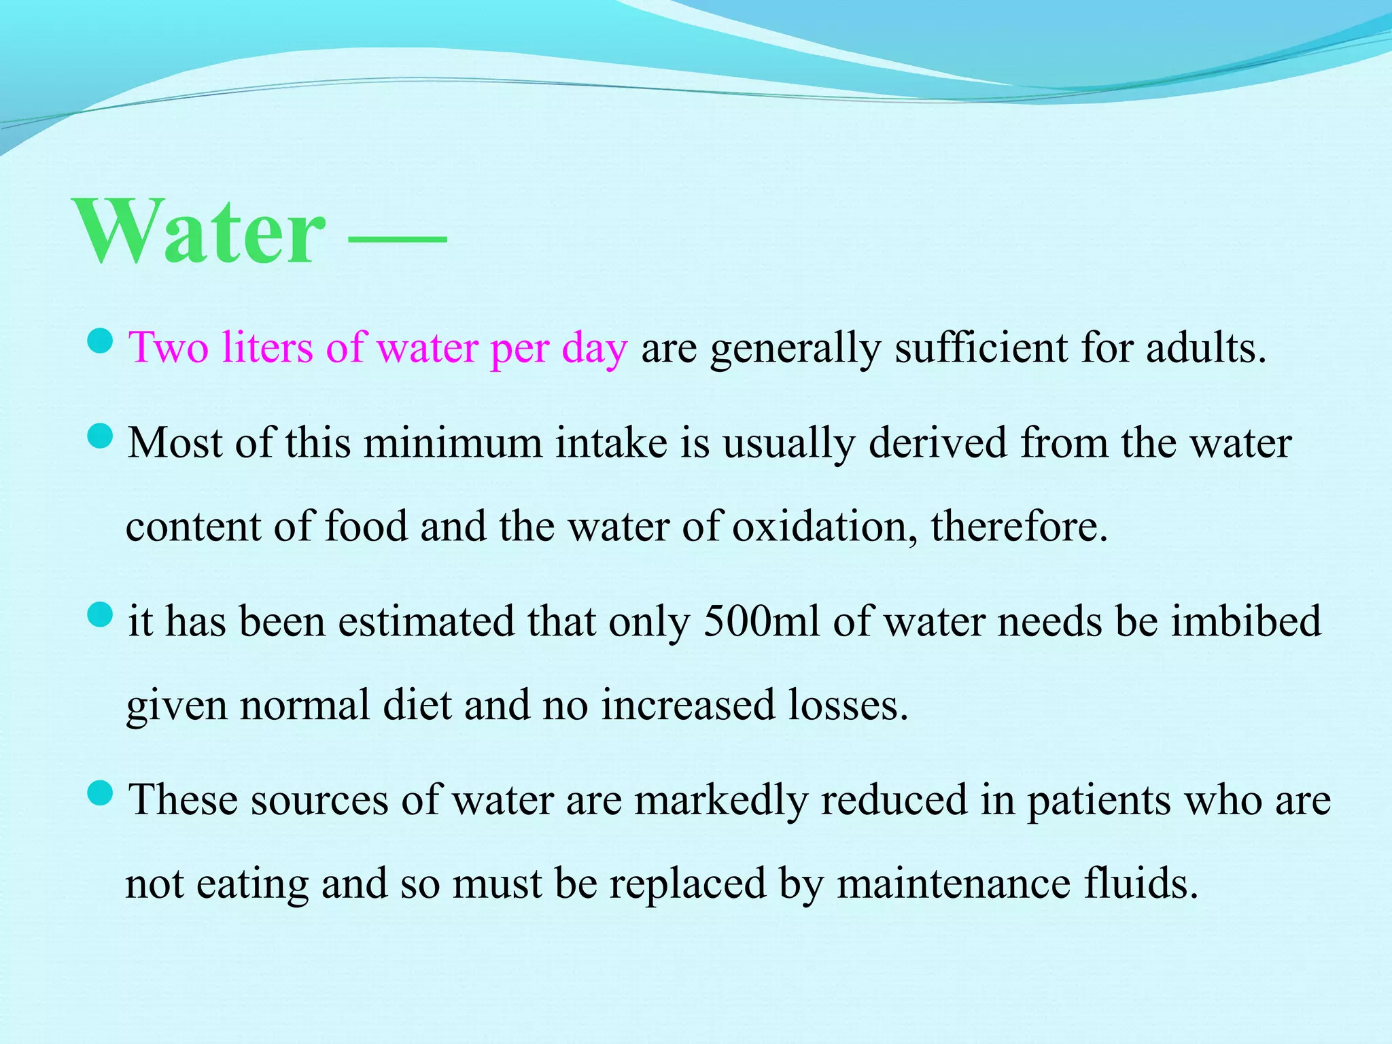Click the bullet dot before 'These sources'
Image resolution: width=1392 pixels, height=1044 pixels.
pyautogui.click(x=100, y=793)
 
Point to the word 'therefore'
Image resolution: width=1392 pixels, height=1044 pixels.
pyautogui.click(x=1018, y=527)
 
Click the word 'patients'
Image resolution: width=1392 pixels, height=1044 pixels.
pyautogui.click(x=1098, y=800)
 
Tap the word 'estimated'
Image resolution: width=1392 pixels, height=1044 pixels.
pyautogui.click(x=427, y=621)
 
